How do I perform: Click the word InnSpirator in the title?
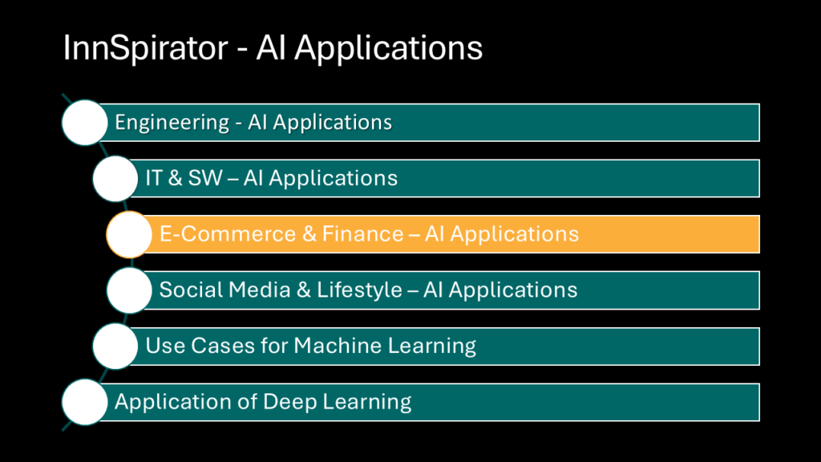(x=146, y=47)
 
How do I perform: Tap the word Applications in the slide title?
(x=388, y=49)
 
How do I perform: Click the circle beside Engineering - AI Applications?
(x=85, y=123)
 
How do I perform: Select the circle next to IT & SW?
(x=115, y=179)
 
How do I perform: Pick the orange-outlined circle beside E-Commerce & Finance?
(x=129, y=234)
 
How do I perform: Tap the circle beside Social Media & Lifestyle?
(x=129, y=290)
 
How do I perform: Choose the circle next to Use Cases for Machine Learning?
(x=115, y=346)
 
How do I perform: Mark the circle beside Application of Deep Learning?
(x=85, y=402)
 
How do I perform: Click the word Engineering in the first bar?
(x=172, y=123)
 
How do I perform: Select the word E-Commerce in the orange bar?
(x=228, y=233)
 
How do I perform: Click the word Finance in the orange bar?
(x=363, y=233)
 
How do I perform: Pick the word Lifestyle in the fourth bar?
(x=359, y=290)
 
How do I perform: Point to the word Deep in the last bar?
(x=289, y=403)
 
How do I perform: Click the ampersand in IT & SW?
(x=176, y=178)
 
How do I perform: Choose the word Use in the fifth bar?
(x=165, y=346)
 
